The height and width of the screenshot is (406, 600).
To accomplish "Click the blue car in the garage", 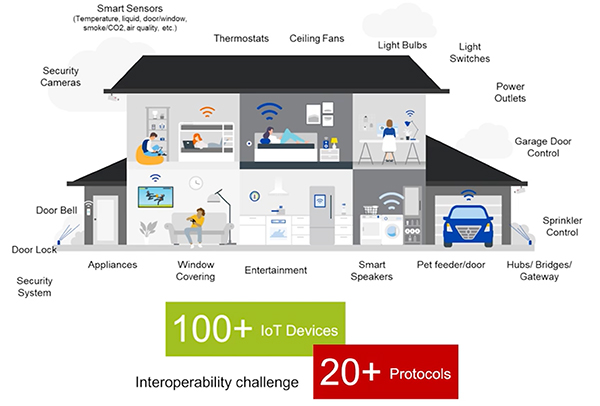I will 467,223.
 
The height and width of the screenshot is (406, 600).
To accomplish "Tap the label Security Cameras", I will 61,76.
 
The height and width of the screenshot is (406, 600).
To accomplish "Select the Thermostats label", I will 241,39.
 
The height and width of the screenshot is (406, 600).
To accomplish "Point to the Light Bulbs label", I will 403,45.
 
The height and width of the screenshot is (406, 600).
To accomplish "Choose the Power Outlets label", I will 510,92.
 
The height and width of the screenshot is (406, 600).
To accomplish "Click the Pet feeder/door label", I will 450,265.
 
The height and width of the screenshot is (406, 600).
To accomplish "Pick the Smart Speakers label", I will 372,271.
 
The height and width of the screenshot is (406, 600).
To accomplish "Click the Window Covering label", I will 197,271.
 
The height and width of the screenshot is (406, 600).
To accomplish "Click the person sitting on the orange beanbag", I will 149,148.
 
